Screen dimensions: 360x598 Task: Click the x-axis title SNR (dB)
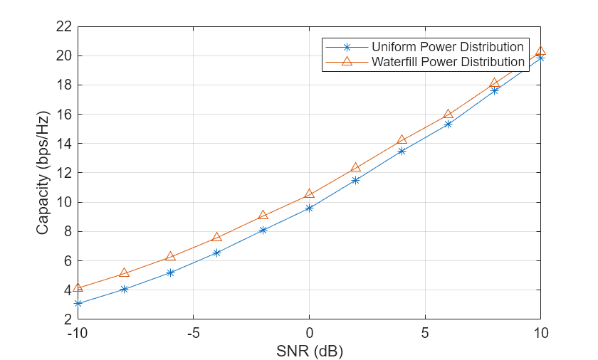pyautogui.click(x=309, y=351)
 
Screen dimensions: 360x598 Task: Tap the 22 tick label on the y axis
pyautogui.click(x=64, y=26)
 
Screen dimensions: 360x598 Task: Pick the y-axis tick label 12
pyautogui.click(x=64, y=173)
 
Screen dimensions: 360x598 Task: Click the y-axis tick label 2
pyautogui.click(x=68, y=319)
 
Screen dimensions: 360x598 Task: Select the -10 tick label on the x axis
pyautogui.click(x=78, y=333)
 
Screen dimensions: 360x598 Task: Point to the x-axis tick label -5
pyautogui.click(x=193, y=333)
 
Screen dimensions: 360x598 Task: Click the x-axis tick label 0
pyautogui.click(x=309, y=333)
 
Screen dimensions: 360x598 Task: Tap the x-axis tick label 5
pyautogui.click(x=425, y=333)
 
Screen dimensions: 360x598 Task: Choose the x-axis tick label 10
pyautogui.click(x=540, y=333)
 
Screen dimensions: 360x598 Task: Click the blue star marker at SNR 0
pyautogui.click(x=309, y=208)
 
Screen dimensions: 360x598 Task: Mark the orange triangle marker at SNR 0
pyautogui.click(x=309, y=194)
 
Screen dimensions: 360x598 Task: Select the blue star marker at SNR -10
pyautogui.click(x=78, y=303)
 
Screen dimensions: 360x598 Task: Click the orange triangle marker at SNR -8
pyautogui.click(x=124, y=272)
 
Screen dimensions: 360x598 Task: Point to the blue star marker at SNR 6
pyautogui.click(x=448, y=124)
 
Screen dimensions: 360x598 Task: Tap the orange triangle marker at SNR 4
pyautogui.click(x=402, y=139)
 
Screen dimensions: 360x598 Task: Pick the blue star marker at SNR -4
pyautogui.click(x=216, y=253)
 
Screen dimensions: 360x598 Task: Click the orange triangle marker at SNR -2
pyautogui.click(x=263, y=215)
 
